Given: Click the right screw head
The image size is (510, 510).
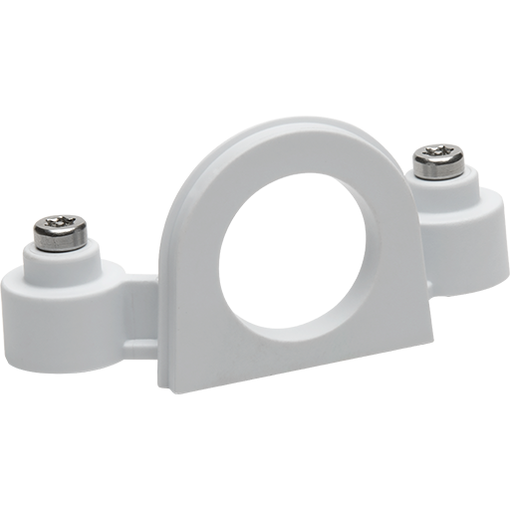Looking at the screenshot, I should tap(435, 158).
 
